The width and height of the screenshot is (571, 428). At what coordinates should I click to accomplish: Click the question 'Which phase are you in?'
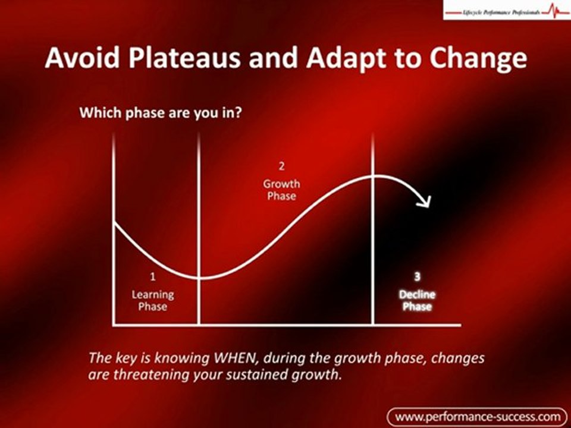tap(161, 113)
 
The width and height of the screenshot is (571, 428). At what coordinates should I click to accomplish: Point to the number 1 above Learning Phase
tap(153, 276)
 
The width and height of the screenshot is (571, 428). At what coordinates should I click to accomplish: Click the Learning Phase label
tap(153, 300)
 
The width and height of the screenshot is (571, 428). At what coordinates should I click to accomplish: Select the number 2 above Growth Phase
tap(281, 165)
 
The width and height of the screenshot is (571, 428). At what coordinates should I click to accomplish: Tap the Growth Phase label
tap(281, 190)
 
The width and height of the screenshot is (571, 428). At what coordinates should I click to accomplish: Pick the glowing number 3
tap(417, 276)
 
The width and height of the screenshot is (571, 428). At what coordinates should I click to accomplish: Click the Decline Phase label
tap(417, 300)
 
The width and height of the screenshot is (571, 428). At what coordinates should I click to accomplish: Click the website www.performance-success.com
tap(478, 416)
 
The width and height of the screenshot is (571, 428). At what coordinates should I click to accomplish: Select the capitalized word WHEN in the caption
tap(237, 358)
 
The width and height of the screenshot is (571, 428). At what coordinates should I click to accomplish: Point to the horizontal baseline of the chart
tap(285, 325)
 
